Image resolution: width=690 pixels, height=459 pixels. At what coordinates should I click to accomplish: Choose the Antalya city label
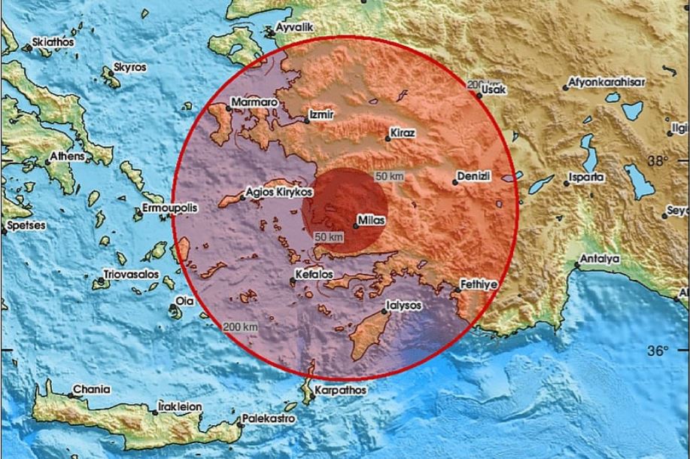pos(598,260)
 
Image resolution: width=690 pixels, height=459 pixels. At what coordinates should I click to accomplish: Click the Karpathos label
pos(340,391)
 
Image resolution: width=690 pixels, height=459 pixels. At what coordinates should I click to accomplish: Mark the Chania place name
pos(90,390)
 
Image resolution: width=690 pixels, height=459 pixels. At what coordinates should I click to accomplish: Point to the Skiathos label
pos(53,42)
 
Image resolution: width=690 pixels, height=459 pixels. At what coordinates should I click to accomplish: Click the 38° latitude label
pos(658,160)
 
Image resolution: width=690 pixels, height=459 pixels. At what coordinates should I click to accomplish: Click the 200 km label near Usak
pos(481,83)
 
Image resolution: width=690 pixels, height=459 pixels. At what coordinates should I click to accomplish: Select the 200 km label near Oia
pos(240,327)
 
